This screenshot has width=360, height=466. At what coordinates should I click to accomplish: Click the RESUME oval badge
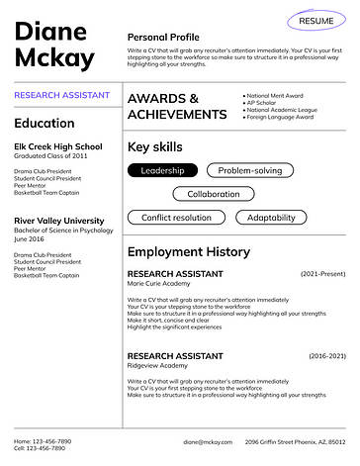point(315,20)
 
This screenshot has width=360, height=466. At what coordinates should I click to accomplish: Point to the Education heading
point(44,124)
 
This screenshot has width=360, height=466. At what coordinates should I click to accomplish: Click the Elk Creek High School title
point(57,146)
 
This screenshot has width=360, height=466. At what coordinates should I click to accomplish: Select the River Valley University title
point(59,220)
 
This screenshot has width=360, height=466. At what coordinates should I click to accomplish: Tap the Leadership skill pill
point(162,171)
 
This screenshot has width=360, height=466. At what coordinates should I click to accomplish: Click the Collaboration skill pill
point(213,194)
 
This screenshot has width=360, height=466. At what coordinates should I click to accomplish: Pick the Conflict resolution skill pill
point(176,218)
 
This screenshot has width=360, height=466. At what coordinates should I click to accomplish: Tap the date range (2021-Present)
point(322,273)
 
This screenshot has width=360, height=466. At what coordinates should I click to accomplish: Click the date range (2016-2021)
point(326,354)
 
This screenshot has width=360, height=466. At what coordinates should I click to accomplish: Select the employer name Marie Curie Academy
point(158,284)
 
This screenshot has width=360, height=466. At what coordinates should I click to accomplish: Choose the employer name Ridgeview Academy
point(156,365)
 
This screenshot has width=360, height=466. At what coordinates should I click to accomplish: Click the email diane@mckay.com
point(207,440)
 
